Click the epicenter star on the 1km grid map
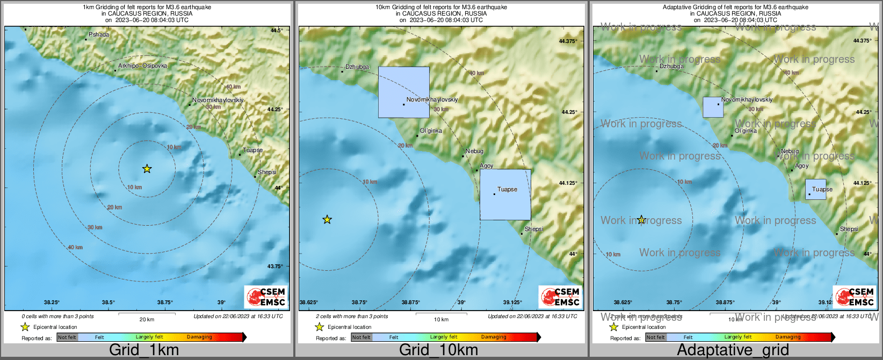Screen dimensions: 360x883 (x=147, y=169)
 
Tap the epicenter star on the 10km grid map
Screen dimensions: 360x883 (x=327, y=219)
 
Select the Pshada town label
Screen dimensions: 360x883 (x=99, y=34)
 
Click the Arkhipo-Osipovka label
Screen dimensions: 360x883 (x=142, y=66)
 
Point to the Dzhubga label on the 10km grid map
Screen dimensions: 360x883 (x=357, y=67)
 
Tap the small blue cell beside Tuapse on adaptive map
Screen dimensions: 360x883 (x=815, y=190)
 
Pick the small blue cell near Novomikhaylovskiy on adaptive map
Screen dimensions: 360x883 (x=713, y=107)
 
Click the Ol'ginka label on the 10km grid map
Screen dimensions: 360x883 (x=431, y=131)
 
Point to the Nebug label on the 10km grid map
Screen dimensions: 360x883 (x=474, y=151)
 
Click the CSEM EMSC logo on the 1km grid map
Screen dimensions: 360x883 (x=266, y=297)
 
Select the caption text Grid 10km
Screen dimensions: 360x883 (x=438, y=350)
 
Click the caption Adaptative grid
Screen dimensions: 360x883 (x=733, y=350)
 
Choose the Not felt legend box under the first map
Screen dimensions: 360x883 (x=67, y=337)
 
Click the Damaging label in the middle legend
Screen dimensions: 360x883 (x=494, y=337)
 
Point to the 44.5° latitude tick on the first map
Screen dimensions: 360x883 (x=276, y=31)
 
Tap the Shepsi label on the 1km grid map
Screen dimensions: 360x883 (x=267, y=172)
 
